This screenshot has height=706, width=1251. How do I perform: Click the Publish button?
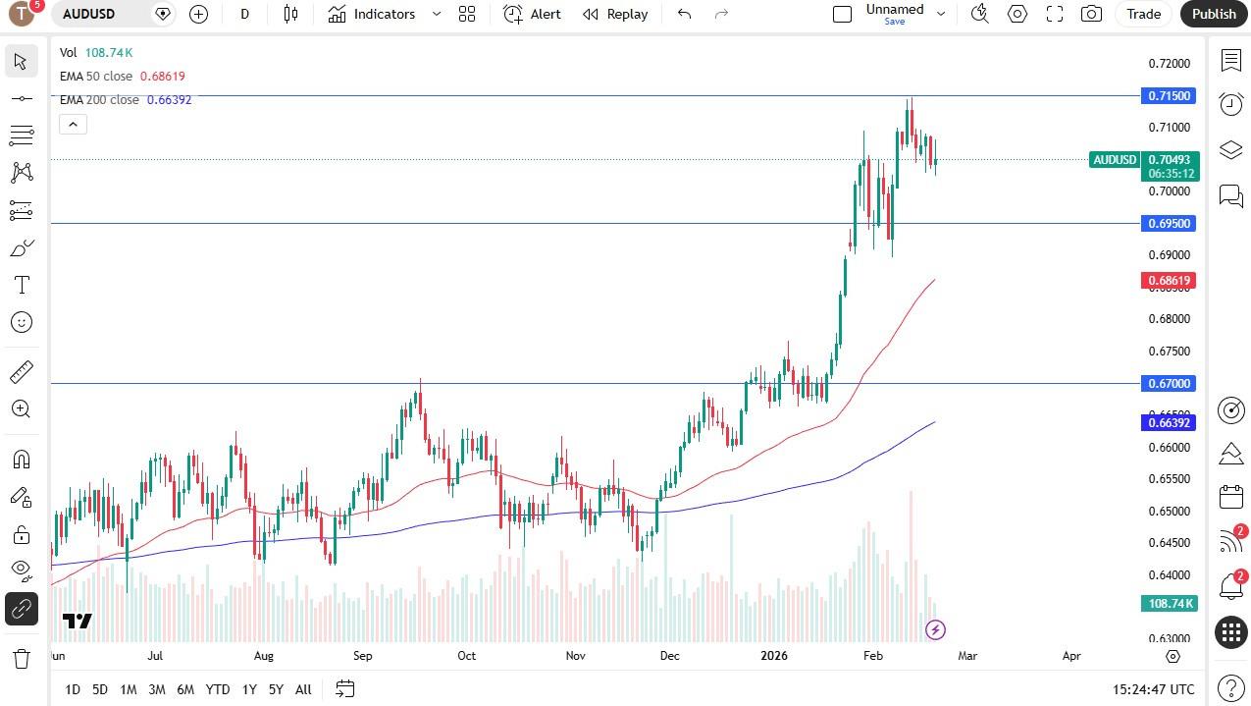click(x=1214, y=14)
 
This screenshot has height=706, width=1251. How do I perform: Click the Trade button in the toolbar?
click(x=1143, y=14)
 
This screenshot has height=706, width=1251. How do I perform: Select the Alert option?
click(x=533, y=14)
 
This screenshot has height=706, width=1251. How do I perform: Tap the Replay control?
click(x=615, y=14)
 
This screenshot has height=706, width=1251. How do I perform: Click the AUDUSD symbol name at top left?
click(x=89, y=14)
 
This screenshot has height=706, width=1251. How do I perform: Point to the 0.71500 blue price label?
click(x=1169, y=96)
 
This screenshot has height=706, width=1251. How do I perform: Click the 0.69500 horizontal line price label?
click(x=1169, y=224)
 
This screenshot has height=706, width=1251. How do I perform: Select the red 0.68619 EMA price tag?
click(x=1169, y=281)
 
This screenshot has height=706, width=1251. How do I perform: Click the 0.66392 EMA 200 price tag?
click(x=1169, y=423)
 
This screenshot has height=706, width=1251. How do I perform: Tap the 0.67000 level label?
click(x=1169, y=384)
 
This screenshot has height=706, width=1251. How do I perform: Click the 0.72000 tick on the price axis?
click(x=1169, y=64)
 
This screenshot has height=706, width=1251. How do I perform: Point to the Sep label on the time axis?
click(x=363, y=656)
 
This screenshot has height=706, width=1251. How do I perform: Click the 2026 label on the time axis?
click(x=774, y=656)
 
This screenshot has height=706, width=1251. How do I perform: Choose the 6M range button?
click(x=184, y=689)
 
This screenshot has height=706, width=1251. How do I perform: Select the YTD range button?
click(x=217, y=689)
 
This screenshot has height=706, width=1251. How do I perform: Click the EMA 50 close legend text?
click(x=96, y=77)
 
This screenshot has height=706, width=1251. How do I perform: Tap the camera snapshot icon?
click(x=1091, y=14)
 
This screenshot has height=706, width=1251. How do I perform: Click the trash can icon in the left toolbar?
click(x=21, y=658)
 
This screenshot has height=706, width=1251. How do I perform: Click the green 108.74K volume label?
click(x=1169, y=604)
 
